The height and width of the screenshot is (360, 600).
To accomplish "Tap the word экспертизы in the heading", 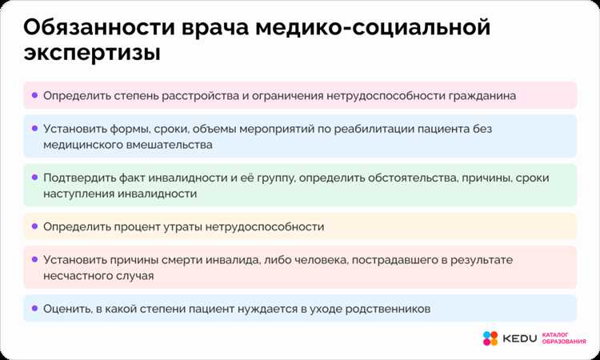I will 90,54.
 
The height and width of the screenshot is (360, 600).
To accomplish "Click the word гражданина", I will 478,95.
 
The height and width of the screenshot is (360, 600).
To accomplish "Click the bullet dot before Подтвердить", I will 34,177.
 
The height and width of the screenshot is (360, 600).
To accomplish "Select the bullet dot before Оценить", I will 34,308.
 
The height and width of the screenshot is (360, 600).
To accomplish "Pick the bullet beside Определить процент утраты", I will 34,226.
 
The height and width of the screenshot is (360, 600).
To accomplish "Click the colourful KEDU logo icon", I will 490,338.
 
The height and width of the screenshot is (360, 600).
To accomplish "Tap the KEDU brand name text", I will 519,338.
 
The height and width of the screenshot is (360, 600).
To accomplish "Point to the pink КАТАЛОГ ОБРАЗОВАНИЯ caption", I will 565,338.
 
